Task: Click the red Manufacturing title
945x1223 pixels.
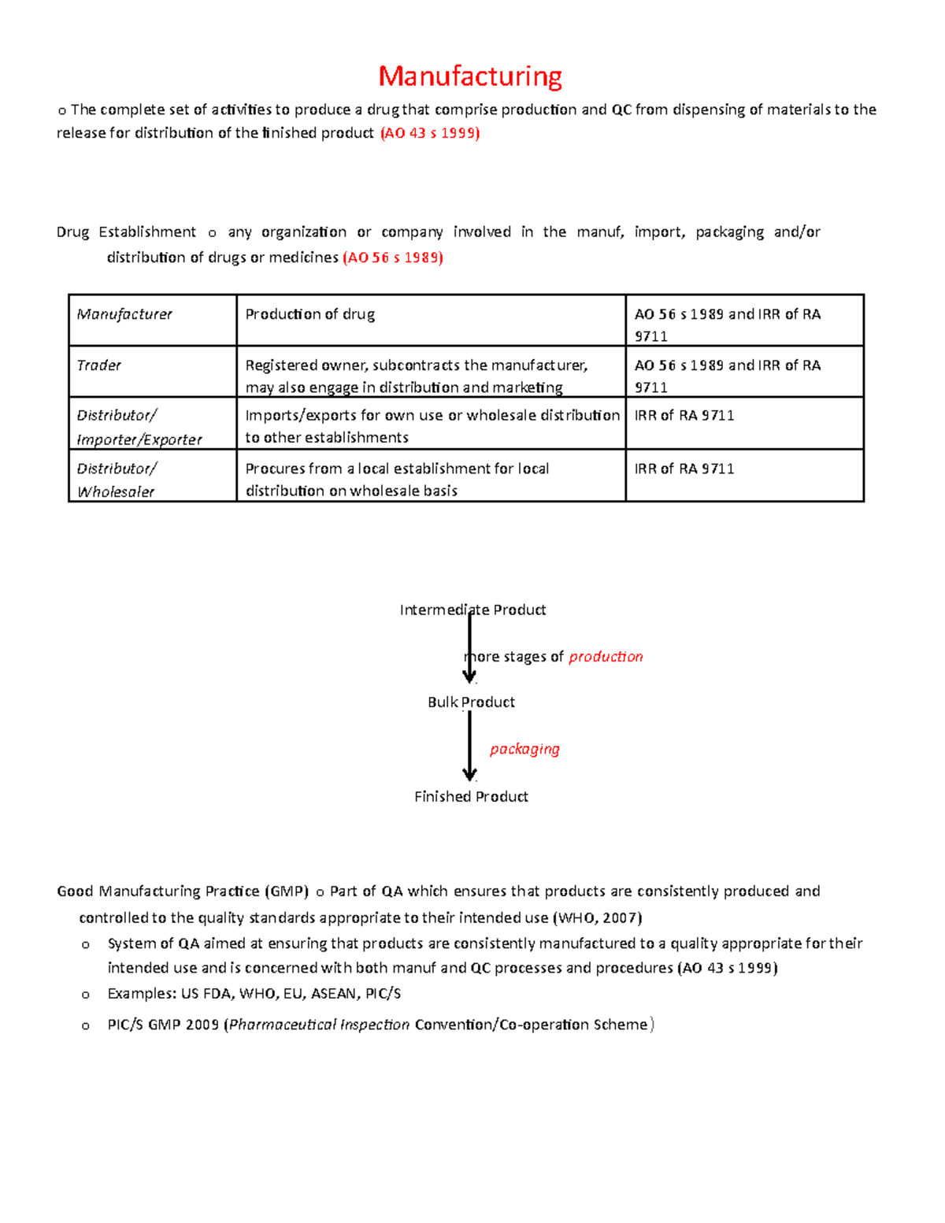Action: (x=470, y=76)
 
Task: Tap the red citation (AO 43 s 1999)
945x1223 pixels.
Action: (x=430, y=133)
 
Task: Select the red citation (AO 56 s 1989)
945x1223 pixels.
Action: (x=393, y=258)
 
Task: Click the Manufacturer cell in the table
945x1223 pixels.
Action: (x=124, y=314)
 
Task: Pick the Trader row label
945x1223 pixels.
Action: (x=99, y=365)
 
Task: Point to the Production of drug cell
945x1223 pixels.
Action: (x=310, y=314)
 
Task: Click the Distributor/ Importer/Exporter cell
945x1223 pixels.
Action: (x=139, y=427)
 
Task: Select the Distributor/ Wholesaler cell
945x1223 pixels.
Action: (x=117, y=480)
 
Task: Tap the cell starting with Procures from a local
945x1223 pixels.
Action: (x=397, y=479)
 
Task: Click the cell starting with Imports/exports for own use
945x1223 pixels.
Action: (x=432, y=426)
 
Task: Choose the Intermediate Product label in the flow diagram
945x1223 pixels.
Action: (x=472, y=610)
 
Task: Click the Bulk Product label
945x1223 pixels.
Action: (x=471, y=702)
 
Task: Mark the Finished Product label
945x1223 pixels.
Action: (x=471, y=796)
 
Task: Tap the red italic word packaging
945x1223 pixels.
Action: (x=524, y=749)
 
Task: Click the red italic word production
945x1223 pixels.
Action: (x=606, y=657)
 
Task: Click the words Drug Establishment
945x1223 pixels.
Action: (x=126, y=232)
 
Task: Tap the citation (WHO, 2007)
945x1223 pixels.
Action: (x=598, y=917)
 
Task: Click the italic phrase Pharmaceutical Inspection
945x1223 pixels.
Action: (x=319, y=1025)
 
